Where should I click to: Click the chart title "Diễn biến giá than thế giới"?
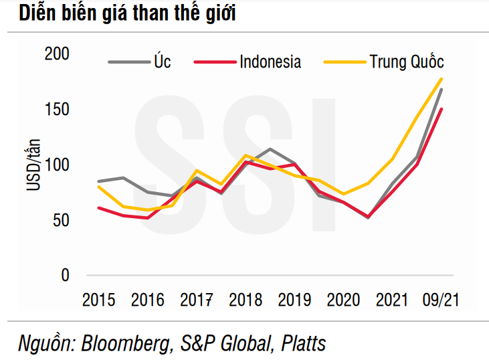(126, 15)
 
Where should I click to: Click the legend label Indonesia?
(270, 62)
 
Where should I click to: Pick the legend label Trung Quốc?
(407, 62)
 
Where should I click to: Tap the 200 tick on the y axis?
(57, 54)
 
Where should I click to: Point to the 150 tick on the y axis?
(57, 109)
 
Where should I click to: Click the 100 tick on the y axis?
(57, 165)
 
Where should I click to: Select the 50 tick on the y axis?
(61, 220)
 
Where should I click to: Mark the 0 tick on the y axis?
(65, 275)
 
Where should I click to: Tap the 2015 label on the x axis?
(99, 299)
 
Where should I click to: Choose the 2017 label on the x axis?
(197, 299)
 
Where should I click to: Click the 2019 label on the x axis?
(295, 299)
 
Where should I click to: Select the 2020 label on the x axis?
(344, 299)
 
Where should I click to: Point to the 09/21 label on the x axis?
(442, 299)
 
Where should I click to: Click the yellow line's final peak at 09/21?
(442, 79)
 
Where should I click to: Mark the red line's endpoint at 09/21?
(442, 109)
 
